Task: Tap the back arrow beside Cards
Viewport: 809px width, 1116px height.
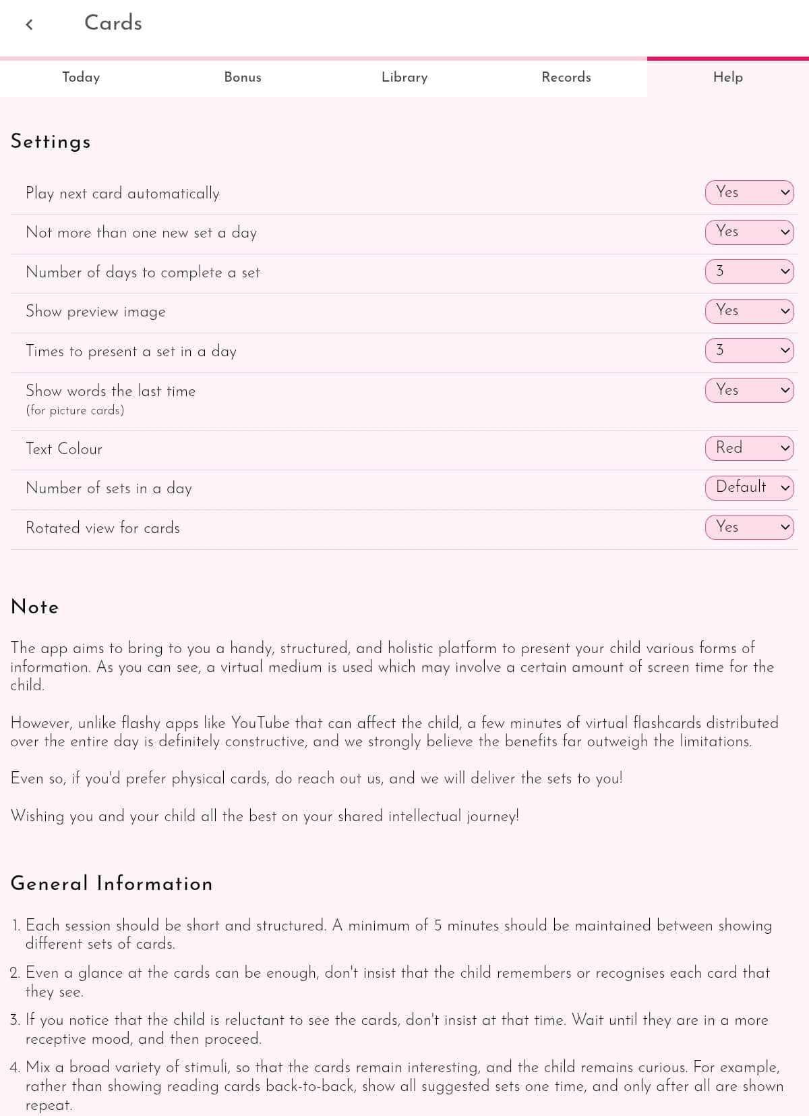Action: pyautogui.click(x=29, y=25)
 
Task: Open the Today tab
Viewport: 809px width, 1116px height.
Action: pyautogui.click(x=81, y=78)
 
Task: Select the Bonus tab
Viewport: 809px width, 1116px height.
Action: pyautogui.click(x=243, y=78)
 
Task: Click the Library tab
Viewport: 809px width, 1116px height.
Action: pyautogui.click(x=404, y=78)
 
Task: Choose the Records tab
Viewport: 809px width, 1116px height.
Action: pyautogui.click(x=566, y=78)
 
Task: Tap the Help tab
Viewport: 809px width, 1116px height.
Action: pyautogui.click(x=728, y=78)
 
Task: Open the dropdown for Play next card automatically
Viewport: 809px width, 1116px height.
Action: pyautogui.click(x=749, y=192)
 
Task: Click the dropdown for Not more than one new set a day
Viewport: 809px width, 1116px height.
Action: pyautogui.click(x=749, y=232)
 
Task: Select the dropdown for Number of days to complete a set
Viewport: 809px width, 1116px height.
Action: pyautogui.click(x=749, y=271)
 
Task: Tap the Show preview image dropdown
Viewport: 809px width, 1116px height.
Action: pyautogui.click(x=749, y=311)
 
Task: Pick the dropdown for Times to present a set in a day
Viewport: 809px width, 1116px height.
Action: pyautogui.click(x=749, y=350)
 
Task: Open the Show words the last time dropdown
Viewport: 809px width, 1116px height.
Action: pyautogui.click(x=749, y=390)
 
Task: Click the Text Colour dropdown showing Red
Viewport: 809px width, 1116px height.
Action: pyautogui.click(x=749, y=448)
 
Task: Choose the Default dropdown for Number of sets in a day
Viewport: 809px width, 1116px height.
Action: pyautogui.click(x=749, y=487)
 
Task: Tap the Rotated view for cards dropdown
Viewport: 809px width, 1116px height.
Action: pyautogui.click(x=749, y=527)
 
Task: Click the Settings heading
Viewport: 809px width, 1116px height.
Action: pyautogui.click(x=51, y=142)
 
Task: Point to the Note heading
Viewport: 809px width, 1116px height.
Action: pyautogui.click(x=35, y=607)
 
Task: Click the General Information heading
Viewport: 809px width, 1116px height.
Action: pyautogui.click(x=111, y=883)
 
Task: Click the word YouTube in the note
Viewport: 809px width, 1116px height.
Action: pyautogui.click(x=260, y=723)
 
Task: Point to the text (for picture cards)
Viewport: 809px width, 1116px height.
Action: pyautogui.click(x=75, y=410)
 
